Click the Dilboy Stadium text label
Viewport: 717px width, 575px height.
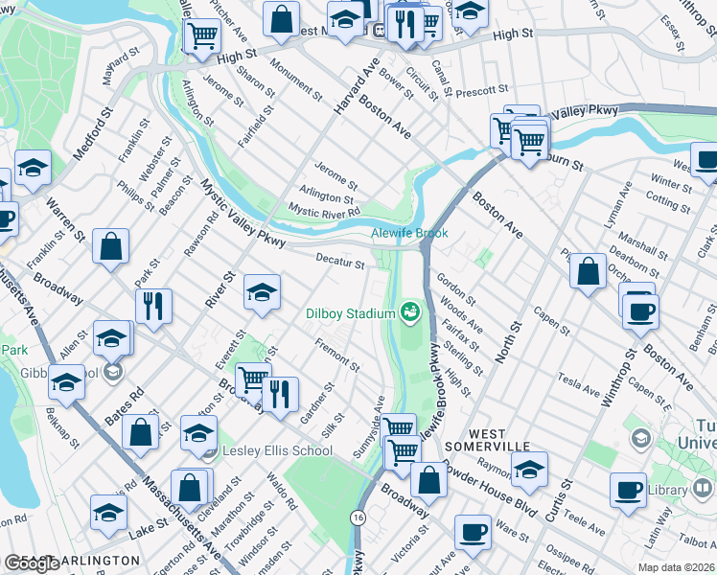[x=351, y=313]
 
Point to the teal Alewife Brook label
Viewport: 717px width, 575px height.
[x=409, y=233]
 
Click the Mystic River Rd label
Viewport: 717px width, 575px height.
[x=324, y=211]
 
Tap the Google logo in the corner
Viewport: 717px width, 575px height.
[x=32, y=563]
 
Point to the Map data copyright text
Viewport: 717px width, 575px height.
[x=677, y=567]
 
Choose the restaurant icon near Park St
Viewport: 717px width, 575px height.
[x=152, y=306]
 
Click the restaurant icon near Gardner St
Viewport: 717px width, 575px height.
[x=279, y=394]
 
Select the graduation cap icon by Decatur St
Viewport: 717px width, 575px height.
[x=262, y=291]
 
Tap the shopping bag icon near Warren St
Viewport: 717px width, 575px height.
[x=111, y=246]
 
